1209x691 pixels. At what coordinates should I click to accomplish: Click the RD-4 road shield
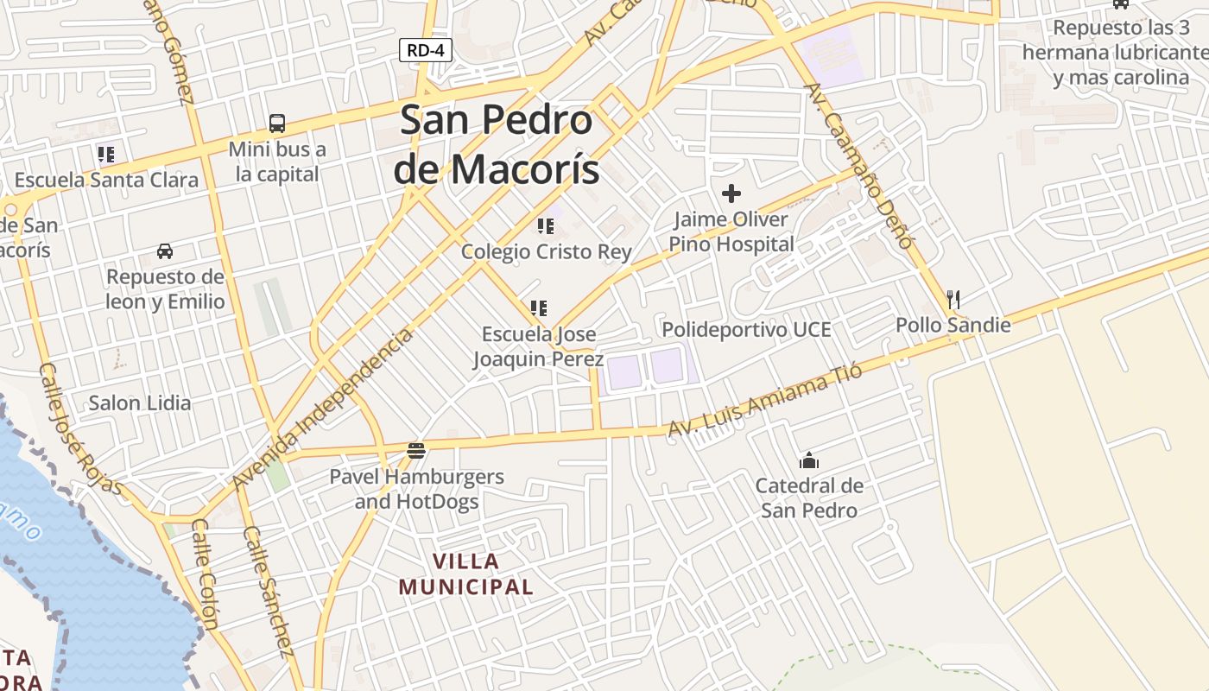426,50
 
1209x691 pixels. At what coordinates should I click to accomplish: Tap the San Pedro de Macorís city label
497,144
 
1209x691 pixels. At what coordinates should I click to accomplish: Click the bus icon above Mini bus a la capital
277,124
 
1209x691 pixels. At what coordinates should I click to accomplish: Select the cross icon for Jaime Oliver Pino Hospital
731,193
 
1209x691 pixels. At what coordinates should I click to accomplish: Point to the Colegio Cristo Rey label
546,251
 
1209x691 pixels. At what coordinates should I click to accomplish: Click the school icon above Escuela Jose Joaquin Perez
539,308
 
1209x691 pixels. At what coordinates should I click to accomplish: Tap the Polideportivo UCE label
746,329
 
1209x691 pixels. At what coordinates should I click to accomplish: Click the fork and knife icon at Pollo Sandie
953,300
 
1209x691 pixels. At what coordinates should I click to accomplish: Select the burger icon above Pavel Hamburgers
416,450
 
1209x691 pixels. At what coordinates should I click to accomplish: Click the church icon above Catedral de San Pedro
809,460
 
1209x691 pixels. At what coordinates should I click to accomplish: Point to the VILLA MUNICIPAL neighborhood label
466,574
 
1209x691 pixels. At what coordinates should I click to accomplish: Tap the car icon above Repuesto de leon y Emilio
164,251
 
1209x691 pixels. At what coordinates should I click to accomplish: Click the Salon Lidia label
140,403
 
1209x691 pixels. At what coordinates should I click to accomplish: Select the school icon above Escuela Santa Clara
106,155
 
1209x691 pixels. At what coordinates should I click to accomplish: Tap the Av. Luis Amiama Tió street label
765,400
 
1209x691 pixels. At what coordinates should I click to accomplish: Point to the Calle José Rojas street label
80,428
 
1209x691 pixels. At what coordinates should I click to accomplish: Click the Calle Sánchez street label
269,592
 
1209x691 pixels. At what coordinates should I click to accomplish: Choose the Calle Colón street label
205,574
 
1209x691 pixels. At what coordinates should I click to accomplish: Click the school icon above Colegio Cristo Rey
546,226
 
